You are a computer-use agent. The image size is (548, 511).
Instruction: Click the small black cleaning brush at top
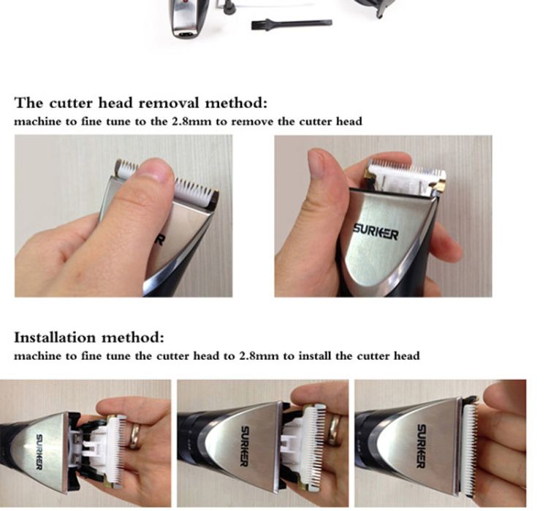[x=292, y=24]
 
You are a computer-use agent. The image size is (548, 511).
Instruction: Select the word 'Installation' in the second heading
[x=55, y=338]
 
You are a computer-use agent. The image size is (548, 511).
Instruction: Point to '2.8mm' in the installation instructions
[x=259, y=356]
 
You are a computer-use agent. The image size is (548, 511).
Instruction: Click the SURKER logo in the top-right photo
[x=376, y=231]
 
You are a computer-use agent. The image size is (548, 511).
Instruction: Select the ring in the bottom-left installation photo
[x=134, y=436]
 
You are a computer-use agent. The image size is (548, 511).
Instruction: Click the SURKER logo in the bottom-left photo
[x=39, y=452]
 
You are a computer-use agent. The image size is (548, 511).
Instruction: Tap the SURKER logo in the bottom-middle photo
[x=245, y=446]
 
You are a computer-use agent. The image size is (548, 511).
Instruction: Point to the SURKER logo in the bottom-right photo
[x=421, y=446]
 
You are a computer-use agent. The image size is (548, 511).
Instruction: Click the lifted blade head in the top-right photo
[x=406, y=177]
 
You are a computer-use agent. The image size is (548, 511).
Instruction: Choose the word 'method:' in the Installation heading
[x=133, y=338]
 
